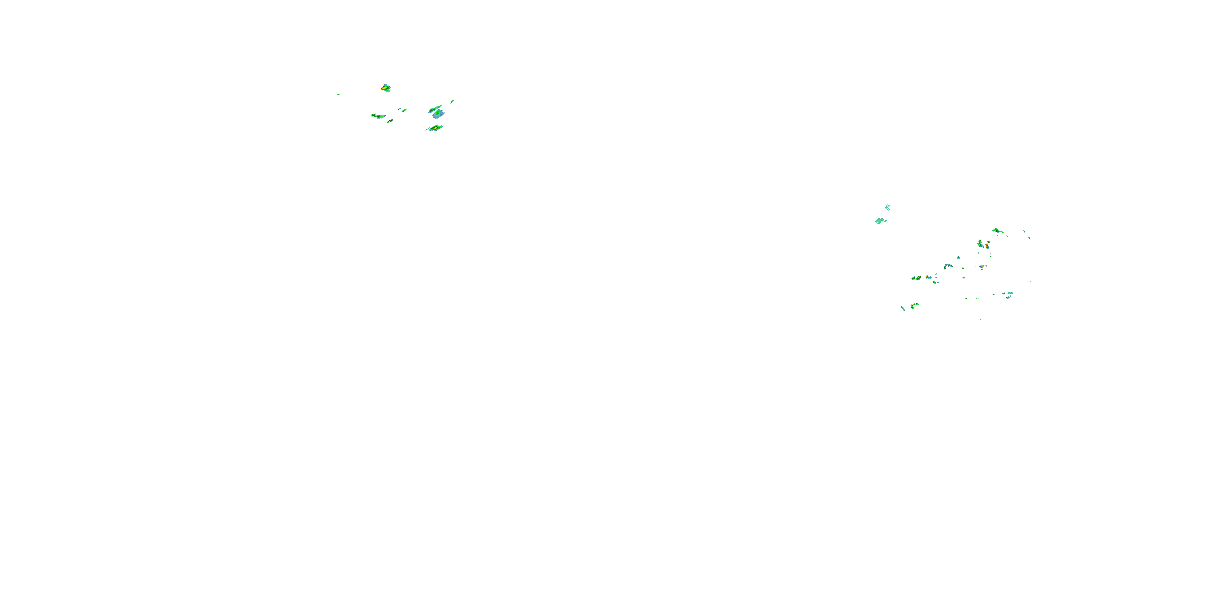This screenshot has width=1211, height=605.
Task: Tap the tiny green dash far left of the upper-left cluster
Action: point(338,94)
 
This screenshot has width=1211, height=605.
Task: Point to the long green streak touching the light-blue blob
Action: point(434,109)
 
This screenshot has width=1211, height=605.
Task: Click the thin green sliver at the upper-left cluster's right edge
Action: point(452,101)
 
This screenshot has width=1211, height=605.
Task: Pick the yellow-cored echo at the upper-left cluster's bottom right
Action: point(435,128)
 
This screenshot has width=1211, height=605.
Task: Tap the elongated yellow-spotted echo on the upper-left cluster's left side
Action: point(377,115)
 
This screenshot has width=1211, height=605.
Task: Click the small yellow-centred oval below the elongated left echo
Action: point(390,121)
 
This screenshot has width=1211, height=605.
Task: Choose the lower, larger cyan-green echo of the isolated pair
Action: point(880,220)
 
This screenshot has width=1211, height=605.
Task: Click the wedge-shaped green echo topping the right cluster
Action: point(997,231)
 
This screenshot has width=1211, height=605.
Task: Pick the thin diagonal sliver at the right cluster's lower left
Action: point(903,308)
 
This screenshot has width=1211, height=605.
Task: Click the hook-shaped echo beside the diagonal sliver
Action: point(914,306)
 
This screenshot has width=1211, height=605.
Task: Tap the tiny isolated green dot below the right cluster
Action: point(980,320)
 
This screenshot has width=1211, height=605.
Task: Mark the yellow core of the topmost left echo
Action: point(383,88)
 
